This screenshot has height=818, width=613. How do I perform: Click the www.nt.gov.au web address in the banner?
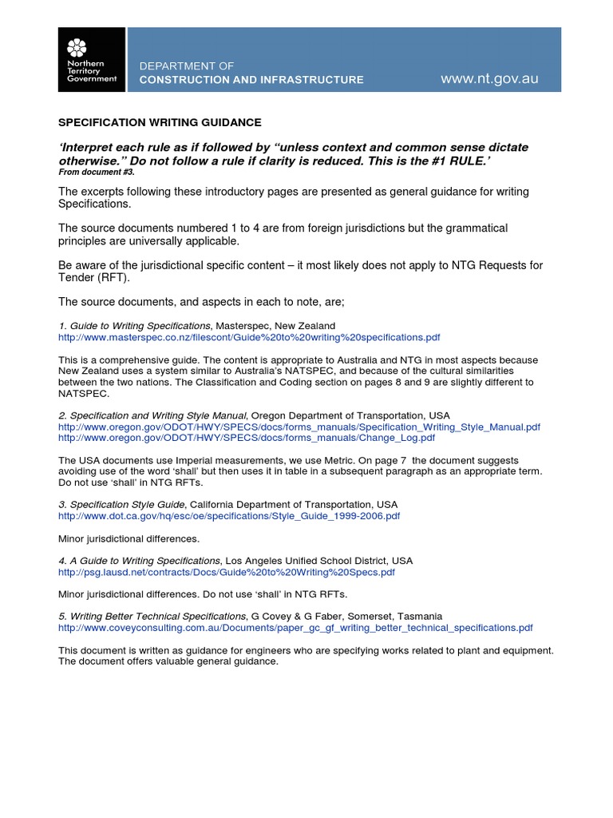tap(489, 79)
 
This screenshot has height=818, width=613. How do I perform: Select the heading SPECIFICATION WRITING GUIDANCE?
tap(160, 122)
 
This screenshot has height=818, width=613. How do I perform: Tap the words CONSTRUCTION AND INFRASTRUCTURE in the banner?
tap(251, 80)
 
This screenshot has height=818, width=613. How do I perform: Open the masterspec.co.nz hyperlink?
tap(249, 338)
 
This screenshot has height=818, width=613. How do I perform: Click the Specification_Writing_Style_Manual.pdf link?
tap(299, 427)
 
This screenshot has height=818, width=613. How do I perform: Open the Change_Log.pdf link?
tap(247, 438)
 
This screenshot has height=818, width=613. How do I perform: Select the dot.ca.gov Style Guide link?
tap(229, 516)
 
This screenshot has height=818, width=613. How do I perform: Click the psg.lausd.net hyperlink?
tap(227, 573)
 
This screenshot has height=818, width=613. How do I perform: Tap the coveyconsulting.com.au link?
tap(295, 628)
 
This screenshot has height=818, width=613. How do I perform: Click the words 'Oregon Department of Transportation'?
tap(340, 416)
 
